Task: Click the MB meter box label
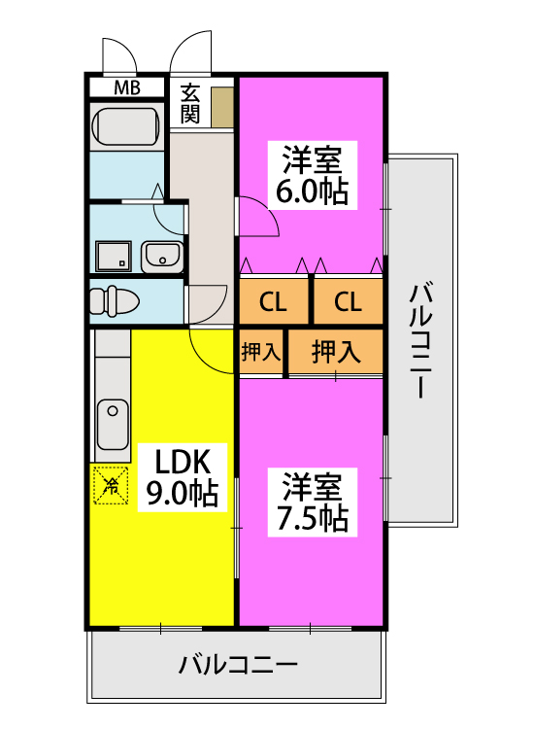pos(127,87)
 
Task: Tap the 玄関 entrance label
pos(190,104)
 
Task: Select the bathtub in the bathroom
pos(126,126)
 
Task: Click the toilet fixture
pos(114,301)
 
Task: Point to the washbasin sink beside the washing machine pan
pos(161,258)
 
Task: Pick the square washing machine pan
pos(114,257)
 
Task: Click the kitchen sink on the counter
pos(113,424)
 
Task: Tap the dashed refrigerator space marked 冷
pos(111,485)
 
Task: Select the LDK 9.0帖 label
pos(183,477)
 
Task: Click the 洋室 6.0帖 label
pos(312,175)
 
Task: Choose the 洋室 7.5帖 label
pos(312,503)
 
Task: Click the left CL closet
pos(274,300)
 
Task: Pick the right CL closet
pos(349,300)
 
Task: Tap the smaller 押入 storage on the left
pos(261,351)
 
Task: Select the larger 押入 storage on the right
pos(336,351)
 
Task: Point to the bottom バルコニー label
pos(238,665)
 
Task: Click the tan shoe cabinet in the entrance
pos(222,107)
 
